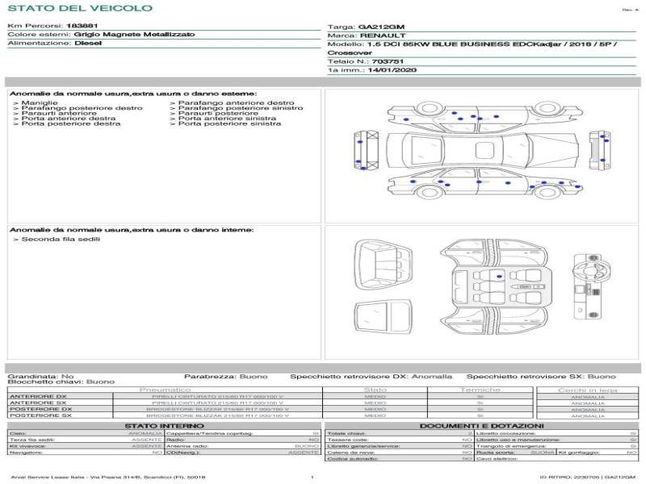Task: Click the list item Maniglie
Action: tap(39, 103)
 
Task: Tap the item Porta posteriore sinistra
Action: tap(229, 123)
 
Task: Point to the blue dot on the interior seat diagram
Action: tap(499, 277)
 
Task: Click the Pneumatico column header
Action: tap(165, 390)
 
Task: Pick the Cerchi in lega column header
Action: tap(587, 390)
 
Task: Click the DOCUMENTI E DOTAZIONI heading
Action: tap(481, 425)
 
